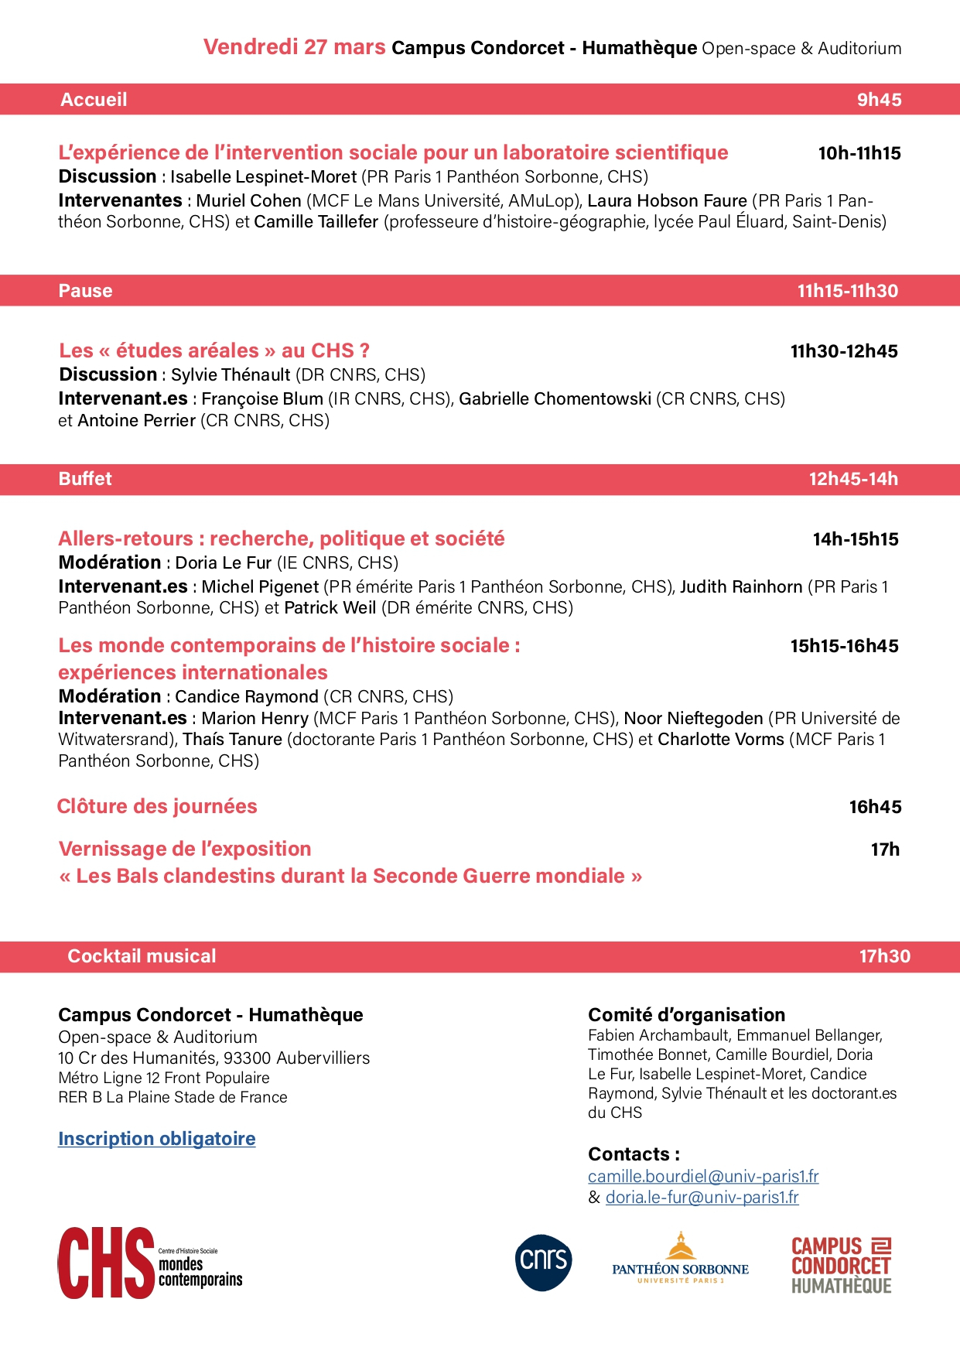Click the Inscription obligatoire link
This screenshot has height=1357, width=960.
(x=156, y=1138)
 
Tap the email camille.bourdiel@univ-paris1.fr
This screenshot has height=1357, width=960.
(x=702, y=1176)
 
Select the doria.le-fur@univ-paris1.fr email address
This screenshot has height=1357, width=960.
(x=702, y=1197)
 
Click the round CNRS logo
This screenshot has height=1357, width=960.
(x=543, y=1263)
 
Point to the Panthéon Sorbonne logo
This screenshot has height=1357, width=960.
(x=680, y=1259)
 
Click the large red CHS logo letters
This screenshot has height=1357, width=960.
(x=106, y=1263)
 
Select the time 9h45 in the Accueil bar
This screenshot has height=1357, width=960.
(x=879, y=100)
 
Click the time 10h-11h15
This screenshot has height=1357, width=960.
(x=859, y=153)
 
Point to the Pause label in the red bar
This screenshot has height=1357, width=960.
(x=85, y=291)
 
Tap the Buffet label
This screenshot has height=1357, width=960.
(x=85, y=479)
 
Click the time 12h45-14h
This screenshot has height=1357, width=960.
(x=852, y=479)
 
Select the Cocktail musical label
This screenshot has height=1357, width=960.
(x=142, y=956)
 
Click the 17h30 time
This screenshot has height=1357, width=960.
(x=884, y=956)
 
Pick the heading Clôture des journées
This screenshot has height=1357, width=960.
(x=157, y=806)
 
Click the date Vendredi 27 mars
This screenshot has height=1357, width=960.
(x=294, y=47)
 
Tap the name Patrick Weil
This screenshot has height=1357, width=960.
(x=330, y=608)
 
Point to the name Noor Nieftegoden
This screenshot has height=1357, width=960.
(x=693, y=718)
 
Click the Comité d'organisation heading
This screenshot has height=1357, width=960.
(x=686, y=1014)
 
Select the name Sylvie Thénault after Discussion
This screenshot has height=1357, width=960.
(x=231, y=375)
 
